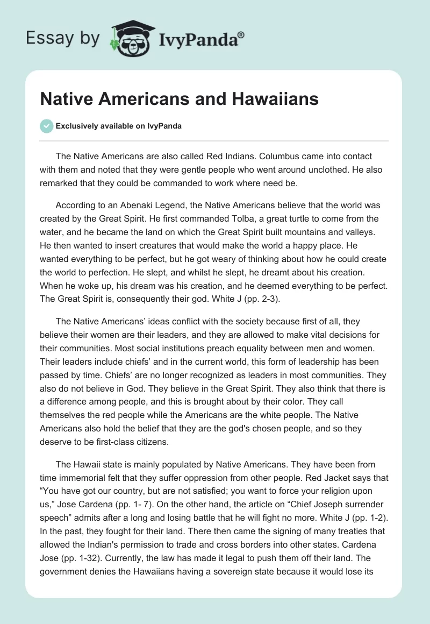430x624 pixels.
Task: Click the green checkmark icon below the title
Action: pyautogui.click(x=46, y=126)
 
